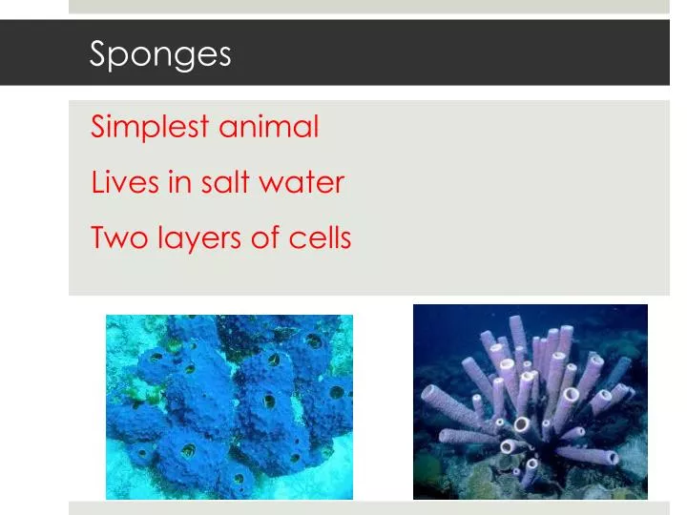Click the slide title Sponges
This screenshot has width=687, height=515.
point(160,54)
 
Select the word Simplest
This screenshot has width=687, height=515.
point(150,127)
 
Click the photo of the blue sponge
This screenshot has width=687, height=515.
point(229,407)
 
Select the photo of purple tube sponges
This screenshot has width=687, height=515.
point(530,402)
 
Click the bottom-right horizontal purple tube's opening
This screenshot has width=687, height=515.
point(613,458)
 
